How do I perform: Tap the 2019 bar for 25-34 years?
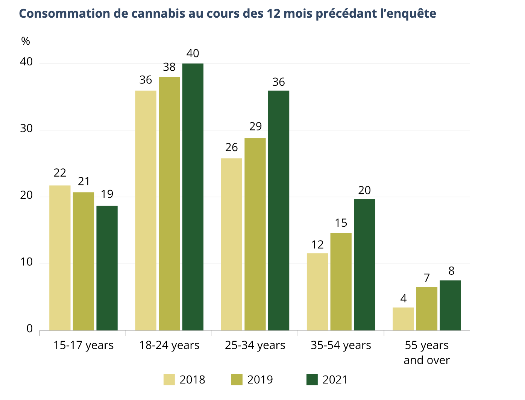[x=255, y=234]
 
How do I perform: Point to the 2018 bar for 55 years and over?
[x=403, y=319]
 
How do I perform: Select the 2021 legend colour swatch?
[x=312, y=380]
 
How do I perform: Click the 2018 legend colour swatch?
[x=169, y=380]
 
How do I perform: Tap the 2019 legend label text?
[x=260, y=380]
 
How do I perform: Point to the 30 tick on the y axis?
[x=26, y=129]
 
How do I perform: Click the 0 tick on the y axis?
[x=29, y=329]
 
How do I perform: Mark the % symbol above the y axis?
[x=26, y=41]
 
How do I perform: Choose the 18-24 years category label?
[x=169, y=345]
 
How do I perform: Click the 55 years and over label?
[x=426, y=352]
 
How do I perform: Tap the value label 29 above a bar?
[x=255, y=126]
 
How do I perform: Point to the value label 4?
[x=403, y=299]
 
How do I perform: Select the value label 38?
[x=169, y=67]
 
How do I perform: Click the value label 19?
[x=107, y=194]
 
